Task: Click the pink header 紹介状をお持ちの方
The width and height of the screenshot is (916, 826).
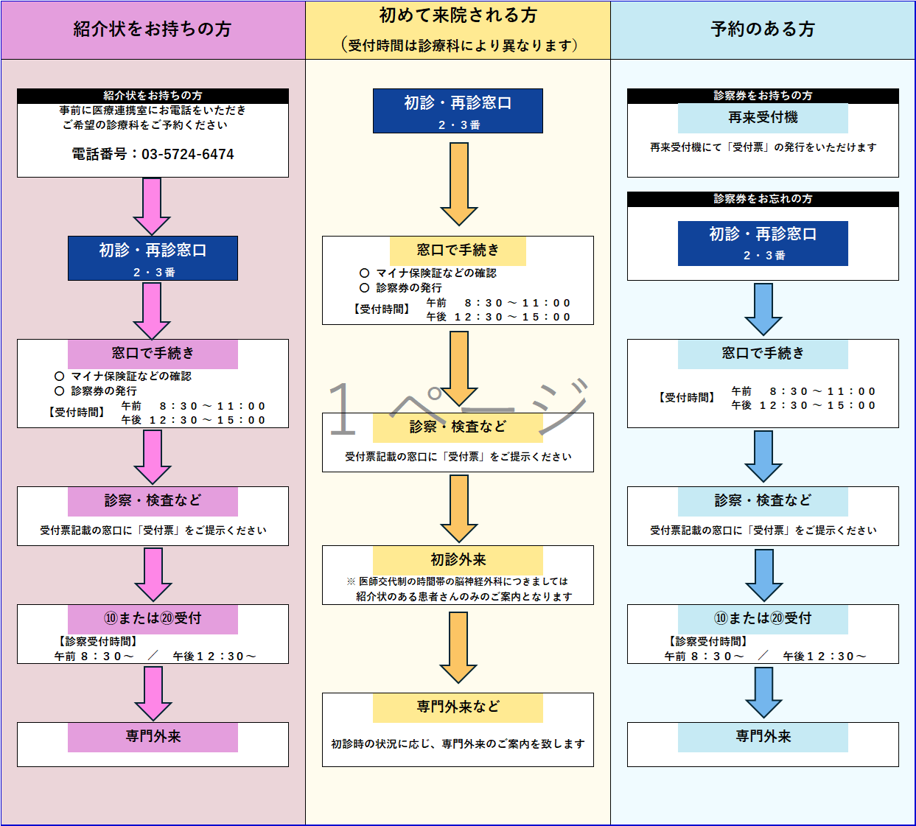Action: tap(153, 29)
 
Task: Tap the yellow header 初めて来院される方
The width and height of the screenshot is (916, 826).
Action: tap(458, 15)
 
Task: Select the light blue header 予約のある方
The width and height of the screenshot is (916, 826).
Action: tap(763, 29)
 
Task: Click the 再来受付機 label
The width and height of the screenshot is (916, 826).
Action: tap(763, 118)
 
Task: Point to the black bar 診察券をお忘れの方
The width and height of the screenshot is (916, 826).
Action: tap(763, 199)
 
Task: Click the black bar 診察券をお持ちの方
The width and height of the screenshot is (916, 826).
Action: tap(763, 96)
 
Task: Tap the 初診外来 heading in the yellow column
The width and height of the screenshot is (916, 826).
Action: tap(458, 560)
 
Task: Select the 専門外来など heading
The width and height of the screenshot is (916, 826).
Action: tap(458, 707)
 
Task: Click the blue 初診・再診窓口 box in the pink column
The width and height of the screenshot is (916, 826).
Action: tap(153, 258)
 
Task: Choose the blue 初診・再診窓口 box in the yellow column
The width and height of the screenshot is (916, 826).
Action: tap(458, 111)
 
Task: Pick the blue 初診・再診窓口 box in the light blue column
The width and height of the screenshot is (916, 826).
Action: tap(763, 243)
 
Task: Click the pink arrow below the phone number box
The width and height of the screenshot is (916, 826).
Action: tap(152, 206)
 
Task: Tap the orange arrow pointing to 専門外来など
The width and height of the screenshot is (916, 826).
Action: tap(458, 647)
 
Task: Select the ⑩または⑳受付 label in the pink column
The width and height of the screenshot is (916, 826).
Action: tap(153, 619)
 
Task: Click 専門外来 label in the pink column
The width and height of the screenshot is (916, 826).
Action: tap(153, 737)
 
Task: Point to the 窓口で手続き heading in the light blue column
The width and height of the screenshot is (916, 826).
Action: tap(763, 354)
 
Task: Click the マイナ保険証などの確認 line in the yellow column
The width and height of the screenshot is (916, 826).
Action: tap(436, 273)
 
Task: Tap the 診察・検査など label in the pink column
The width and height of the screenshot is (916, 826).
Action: tap(153, 501)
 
